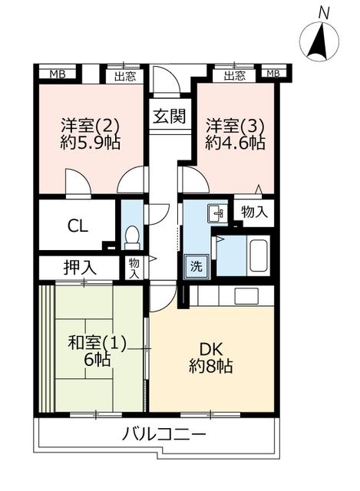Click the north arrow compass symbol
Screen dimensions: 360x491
[319, 41]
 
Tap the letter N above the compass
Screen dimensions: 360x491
[324, 14]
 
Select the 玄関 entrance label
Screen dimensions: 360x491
[170, 116]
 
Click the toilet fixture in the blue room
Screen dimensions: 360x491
[132, 238]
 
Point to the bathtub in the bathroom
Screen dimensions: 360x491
[259, 255]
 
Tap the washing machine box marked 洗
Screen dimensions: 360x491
[197, 266]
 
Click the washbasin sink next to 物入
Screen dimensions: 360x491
[216, 213]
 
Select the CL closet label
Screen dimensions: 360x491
[78, 226]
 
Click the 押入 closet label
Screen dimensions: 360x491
[80, 268]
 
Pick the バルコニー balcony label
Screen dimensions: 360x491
[164, 434]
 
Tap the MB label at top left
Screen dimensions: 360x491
[58, 74]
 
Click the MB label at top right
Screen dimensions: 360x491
[273, 74]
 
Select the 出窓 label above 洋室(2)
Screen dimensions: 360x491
[125, 76]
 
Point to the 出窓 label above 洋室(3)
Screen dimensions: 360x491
[235, 75]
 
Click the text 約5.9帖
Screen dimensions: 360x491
[91, 143]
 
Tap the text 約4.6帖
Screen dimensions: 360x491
[236, 143]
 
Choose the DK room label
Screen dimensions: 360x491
[211, 349]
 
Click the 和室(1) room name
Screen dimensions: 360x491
[97, 343]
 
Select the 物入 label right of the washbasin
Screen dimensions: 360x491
[255, 213]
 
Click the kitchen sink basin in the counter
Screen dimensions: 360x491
[246, 296]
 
